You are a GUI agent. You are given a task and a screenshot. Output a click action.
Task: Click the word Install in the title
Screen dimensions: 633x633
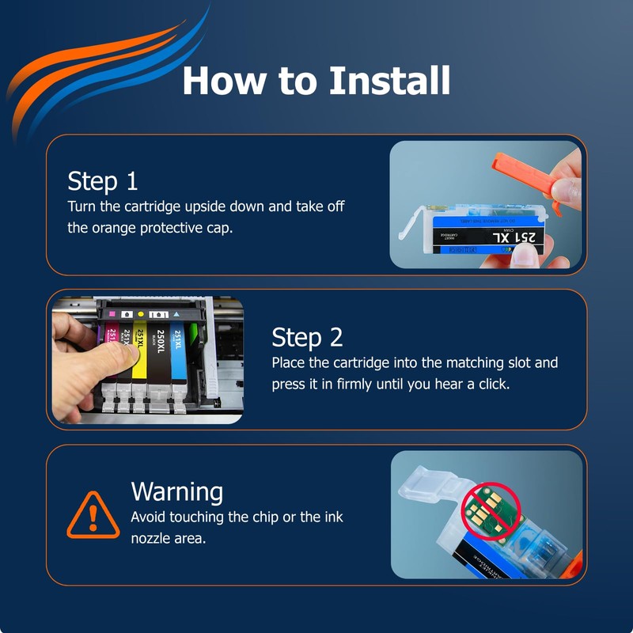pos(389,81)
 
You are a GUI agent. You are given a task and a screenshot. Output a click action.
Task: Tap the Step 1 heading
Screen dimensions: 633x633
pos(103,182)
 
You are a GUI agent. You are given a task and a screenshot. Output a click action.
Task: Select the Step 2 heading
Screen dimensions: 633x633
pos(307,338)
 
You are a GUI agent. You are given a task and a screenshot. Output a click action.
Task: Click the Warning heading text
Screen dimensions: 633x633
pos(176,492)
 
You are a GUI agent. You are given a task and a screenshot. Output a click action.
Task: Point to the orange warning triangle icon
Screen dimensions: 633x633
pos(93,515)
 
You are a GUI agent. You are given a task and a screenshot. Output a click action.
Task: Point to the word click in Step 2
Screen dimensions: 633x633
pos(494,384)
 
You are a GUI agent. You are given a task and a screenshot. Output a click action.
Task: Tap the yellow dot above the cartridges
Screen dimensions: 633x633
pos(141,314)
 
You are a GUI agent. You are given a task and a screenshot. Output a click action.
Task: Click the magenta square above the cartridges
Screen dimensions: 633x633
pos(112,314)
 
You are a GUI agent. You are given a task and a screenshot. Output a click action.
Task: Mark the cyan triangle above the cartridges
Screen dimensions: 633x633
pos(176,314)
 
